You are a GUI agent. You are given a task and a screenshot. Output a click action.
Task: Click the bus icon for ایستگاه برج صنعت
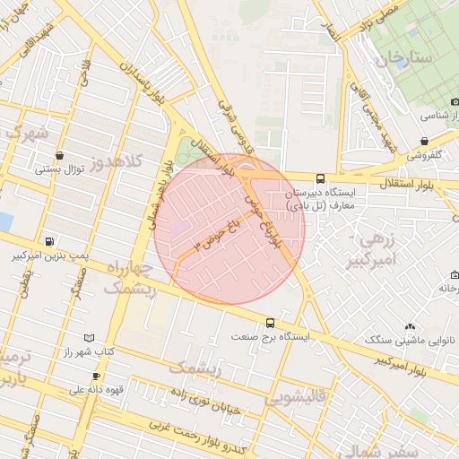pos(271,323)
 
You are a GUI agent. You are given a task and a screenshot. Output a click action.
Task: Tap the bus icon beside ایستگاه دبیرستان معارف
pos(321,178)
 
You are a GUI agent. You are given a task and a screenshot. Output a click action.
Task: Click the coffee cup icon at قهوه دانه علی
pos(97,376)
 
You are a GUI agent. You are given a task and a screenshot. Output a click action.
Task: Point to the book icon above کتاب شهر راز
pos(88,338)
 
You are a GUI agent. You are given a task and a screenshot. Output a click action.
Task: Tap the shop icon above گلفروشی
pos(424,141)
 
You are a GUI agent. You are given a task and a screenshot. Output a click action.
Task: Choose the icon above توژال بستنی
pos(59,154)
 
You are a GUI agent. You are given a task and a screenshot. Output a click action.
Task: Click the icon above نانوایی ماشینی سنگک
pos(411,327)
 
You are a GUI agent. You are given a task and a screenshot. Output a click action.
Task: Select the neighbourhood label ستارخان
pos(405,59)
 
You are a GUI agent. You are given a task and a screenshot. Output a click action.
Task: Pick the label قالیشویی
pos(299,395)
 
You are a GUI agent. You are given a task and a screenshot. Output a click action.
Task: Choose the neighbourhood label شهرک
pos(25,132)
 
